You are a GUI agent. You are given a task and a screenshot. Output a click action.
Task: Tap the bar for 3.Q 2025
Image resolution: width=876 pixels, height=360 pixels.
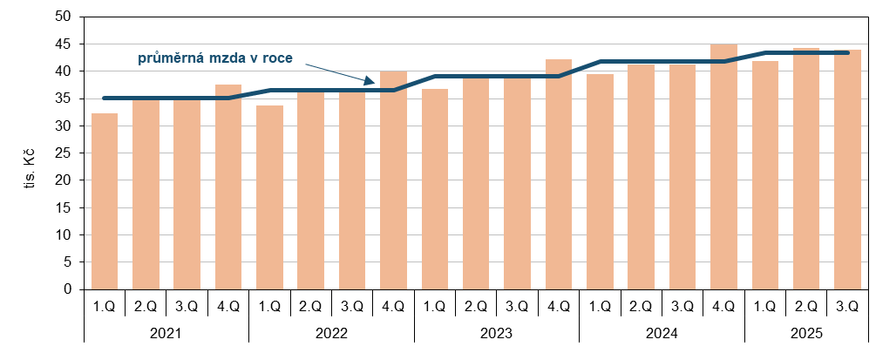[847, 170]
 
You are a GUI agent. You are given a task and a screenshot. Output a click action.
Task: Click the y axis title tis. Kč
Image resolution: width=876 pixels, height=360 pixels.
[30, 168]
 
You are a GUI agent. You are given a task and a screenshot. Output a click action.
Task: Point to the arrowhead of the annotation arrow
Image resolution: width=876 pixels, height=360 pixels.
[371, 83]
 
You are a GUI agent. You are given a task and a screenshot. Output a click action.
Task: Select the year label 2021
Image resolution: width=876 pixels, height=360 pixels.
[166, 334]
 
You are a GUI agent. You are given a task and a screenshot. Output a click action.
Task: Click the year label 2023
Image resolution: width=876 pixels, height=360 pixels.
[497, 334]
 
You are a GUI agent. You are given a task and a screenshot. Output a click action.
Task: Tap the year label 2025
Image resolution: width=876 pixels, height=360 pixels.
[806, 334]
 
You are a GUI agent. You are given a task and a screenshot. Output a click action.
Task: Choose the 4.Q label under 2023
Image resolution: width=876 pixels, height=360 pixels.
[558, 306]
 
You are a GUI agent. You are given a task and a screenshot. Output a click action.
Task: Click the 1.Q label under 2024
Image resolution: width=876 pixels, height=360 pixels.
[600, 306]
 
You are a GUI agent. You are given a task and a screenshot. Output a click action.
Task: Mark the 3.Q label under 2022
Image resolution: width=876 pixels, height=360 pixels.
[352, 306]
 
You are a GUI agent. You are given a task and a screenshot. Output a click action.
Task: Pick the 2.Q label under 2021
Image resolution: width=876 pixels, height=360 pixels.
[146, 306]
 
